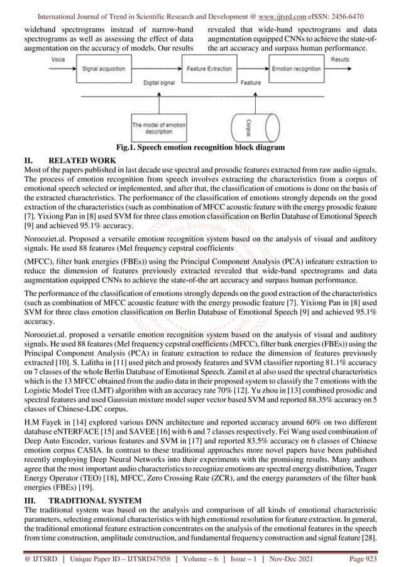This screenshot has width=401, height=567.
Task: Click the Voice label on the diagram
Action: coord(59,58)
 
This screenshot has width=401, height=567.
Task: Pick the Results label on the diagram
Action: coord(339,58)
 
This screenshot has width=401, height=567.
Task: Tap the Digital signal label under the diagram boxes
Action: coord(160,82)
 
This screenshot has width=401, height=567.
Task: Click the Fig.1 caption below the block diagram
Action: coord(200,148)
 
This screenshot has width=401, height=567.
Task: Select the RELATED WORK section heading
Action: coord(78,161)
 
